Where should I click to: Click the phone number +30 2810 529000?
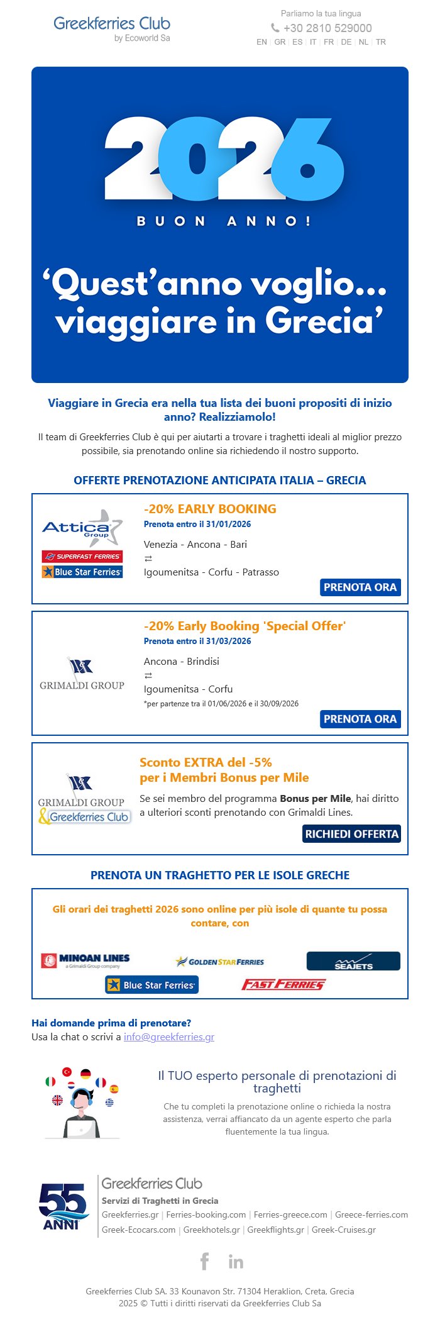pyautogui.click(x=327, y=28)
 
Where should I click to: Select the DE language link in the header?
pyautogui.click(x=346, y=42)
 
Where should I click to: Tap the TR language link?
pyautogui.click(x=381, y=42)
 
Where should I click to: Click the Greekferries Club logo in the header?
pyautogui.click(x=112, y=28)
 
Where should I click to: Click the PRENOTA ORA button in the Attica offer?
pyautogui.click(x=360, y=587)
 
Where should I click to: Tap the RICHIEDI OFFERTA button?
pyautogui.click(x=351, y=834)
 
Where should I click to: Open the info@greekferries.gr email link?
pyautogui.click(x=169, y=1036)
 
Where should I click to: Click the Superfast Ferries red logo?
pyautogui.click(x=82, y=557)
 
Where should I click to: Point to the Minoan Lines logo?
pyautogui.click(x=85, y=960)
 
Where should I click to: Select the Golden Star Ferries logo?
pyautogui.click(x=220, y=962)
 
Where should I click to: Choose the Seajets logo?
pyautogui.click(x=353, y=961)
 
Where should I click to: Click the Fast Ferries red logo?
pyautogui.click(x=283, y=984)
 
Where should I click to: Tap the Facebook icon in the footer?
pyautogui.click(x=204, y=1261)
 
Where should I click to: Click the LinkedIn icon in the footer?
pyautogui.click(x=236, y=1262)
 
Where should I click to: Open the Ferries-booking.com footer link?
pyautogui.click(x=206, y=1214)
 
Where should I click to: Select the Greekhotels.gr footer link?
pyautogui.click(x=211, y=1230)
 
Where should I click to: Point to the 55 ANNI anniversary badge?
pyautogui.click(x=62, y=1206)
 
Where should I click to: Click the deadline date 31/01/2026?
pyautogui.click(x=226, y=524)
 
